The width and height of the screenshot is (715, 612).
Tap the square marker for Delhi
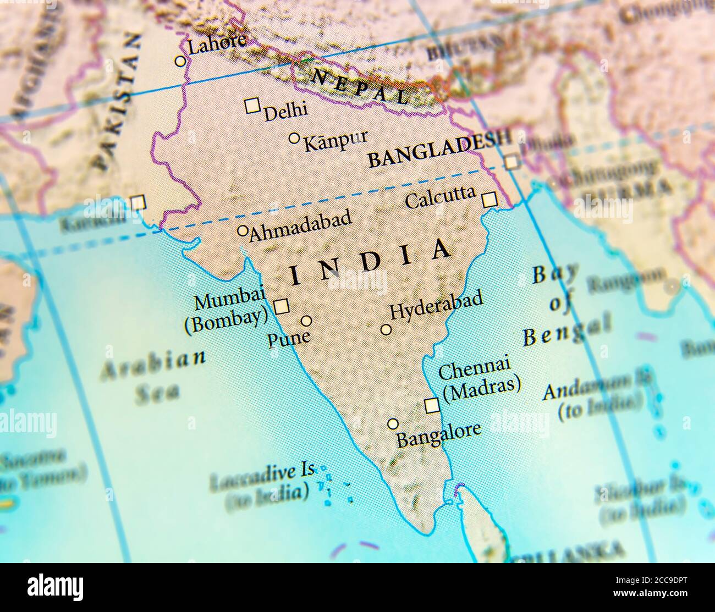tap(252, 106)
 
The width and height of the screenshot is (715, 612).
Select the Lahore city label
tap(216, 46)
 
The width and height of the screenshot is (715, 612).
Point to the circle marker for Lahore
tap(180, 61)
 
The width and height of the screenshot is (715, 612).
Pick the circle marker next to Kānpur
tap(294, 137)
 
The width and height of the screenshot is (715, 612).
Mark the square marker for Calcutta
tap(489, 199)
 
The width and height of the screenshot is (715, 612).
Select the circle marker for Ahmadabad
tap(242, 231)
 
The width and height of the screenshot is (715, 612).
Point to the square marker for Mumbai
tap(282, 306)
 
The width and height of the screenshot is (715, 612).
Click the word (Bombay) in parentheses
tap(226, 322)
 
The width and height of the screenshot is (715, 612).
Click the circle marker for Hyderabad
tap(386, 330)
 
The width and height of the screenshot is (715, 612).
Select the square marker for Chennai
tap(432, 406)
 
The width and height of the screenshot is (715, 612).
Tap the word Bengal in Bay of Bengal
tap(566, 332)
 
